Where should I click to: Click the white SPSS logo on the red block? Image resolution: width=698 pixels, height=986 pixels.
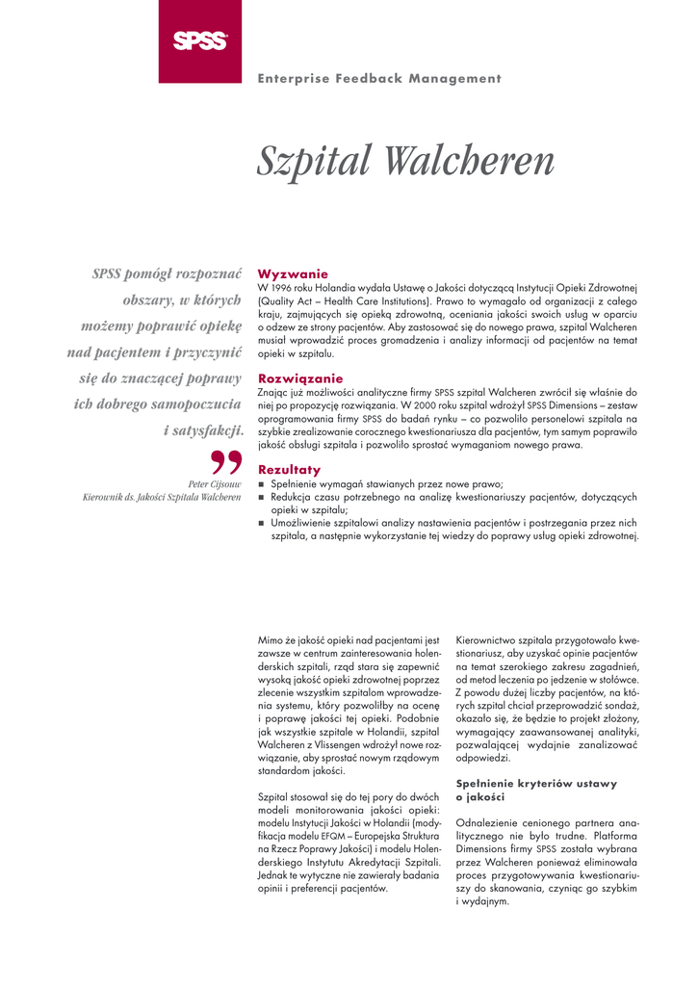point(200,40)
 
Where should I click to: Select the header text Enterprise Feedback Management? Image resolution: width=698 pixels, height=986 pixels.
point(379,79)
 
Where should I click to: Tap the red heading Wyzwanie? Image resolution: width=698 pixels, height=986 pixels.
point(293,274)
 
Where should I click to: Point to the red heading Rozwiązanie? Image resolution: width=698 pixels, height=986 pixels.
point(300,378)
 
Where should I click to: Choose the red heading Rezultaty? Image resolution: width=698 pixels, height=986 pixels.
point(290,469)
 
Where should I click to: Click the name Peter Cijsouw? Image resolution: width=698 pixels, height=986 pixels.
point(214,483)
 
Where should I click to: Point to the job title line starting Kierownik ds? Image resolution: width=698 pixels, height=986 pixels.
point(162,497)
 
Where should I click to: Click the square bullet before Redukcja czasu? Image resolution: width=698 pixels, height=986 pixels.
point(261,497)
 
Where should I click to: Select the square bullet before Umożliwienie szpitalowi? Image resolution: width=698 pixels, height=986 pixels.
point(261,523)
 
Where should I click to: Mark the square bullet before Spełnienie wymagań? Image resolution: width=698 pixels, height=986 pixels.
point(261,483)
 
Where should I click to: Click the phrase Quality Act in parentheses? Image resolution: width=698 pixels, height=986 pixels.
point(290,301)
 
